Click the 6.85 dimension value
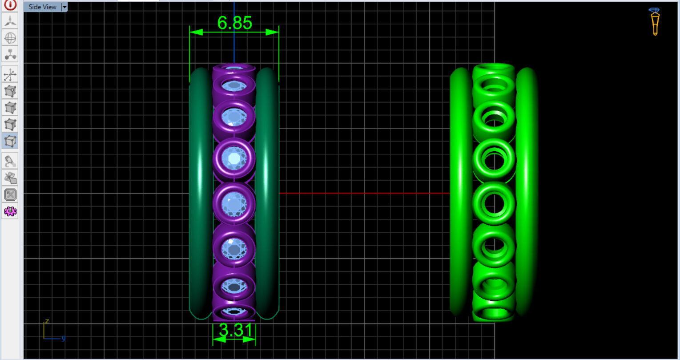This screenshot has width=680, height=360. click(234, 23)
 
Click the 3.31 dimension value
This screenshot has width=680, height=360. click(235, 330)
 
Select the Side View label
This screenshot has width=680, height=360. click(42, 7)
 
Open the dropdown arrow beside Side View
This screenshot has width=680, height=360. click(64, 7)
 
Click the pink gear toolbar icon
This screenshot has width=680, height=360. click(10, 211)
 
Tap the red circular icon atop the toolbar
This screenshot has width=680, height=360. click(10, 4)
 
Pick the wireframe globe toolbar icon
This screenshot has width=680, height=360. click(10, 38)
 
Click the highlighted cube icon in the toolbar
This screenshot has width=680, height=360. click(10, 141)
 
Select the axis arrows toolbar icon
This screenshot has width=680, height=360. click(10, 74)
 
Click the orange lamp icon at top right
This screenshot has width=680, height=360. click(655, 21)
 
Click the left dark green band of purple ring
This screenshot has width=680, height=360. click(200, 194)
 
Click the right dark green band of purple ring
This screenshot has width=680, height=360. click(267, 194)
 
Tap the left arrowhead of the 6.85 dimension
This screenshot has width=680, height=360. click(196, 32)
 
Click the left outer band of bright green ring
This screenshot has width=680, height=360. click(460, 194)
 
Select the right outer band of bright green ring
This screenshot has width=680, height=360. click(527, 194)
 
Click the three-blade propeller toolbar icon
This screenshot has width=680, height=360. click(10, 20)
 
